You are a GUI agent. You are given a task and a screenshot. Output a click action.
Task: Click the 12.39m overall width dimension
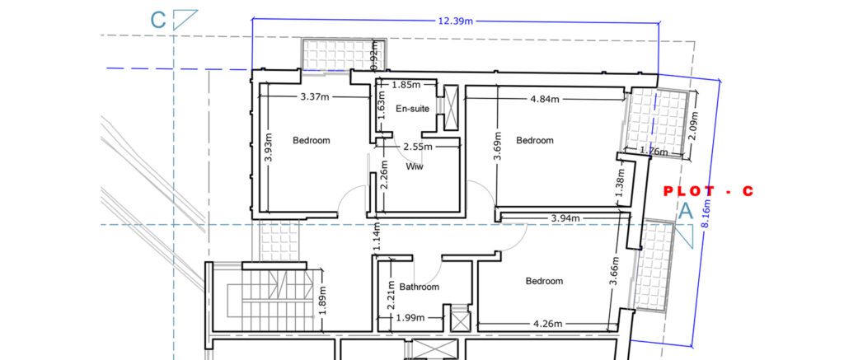[x=455, y=21]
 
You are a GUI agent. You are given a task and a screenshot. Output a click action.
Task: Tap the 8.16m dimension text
[x=706, y=214]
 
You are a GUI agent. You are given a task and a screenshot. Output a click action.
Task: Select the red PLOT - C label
[x=708, y=191]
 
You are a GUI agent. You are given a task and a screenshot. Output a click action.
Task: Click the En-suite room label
[x=413, y=109]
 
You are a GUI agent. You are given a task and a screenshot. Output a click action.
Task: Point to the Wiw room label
[x=415, y=166]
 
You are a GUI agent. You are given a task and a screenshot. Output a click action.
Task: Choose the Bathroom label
[x=420, y=288]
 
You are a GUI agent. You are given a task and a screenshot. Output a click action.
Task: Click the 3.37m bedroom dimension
[x=315, y=97]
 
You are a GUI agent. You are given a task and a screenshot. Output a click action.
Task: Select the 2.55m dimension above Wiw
[x=418, y=147]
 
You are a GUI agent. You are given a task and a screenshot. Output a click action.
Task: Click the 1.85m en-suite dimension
[x=406, y=85]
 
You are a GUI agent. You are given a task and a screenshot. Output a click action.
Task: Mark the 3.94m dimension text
[x=565, y=218]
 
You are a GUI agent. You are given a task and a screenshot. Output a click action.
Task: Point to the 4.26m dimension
[x=547, y=324]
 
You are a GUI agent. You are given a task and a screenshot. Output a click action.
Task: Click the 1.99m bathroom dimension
[x=410, y=318]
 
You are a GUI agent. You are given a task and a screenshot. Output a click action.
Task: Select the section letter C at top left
[x=157, y=20]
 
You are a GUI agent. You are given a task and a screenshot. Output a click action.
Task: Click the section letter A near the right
[x=685, y=211]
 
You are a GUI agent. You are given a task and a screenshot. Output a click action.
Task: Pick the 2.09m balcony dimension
[x=694, y=125]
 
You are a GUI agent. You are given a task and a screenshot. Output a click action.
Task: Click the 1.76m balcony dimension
[x=653, y=152]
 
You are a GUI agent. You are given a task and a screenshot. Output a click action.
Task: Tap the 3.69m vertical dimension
[x=499, y=146]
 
